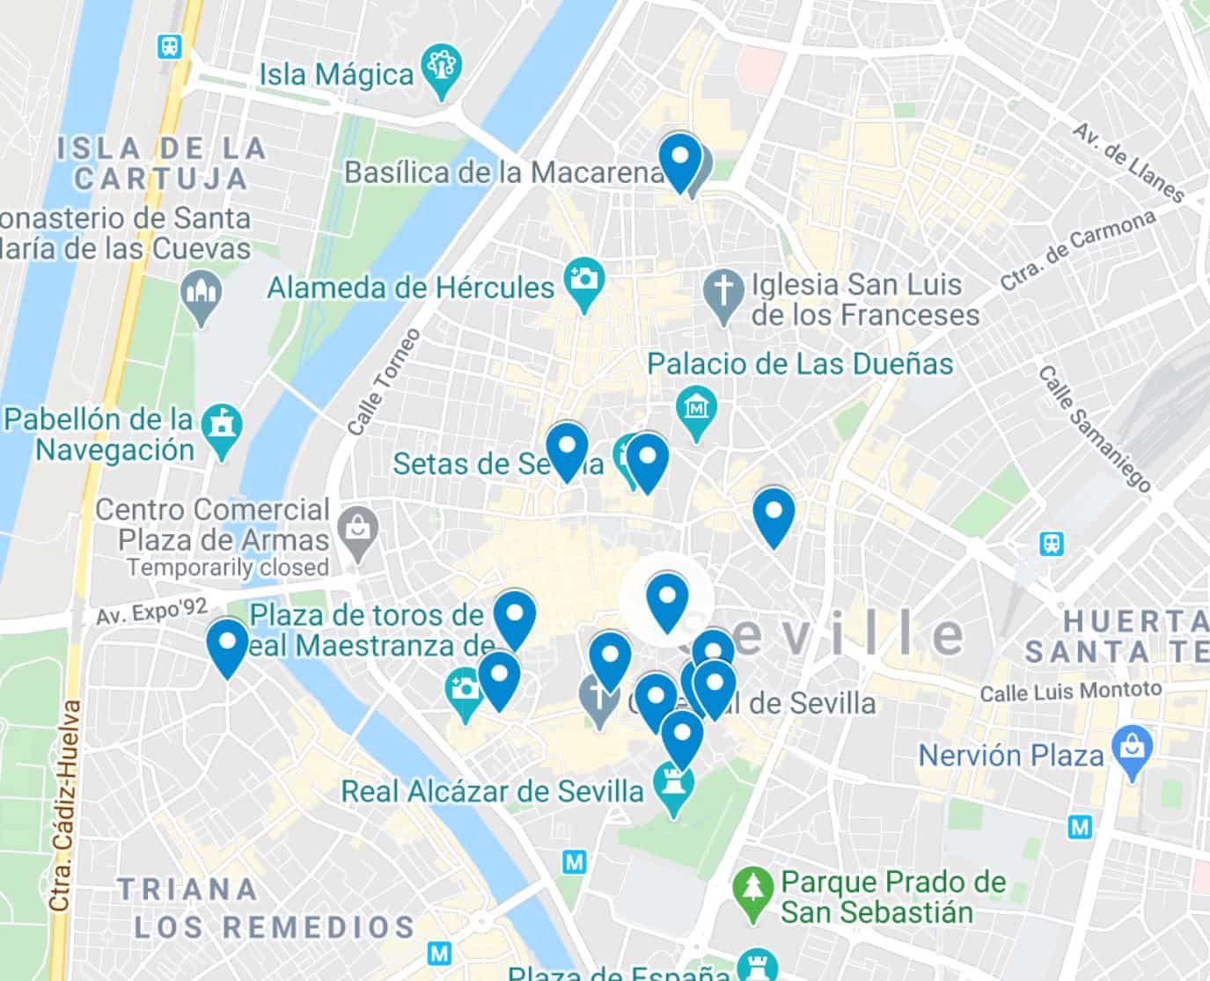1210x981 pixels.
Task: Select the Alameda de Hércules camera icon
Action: click(x=583, y=281)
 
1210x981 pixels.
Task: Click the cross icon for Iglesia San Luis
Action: click(x=724, y=291)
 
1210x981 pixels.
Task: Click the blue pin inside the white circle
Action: click(x=666, y=600)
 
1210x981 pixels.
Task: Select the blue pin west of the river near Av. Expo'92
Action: click(x=227, y=646)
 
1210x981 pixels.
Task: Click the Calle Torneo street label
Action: click(x=384, y=382)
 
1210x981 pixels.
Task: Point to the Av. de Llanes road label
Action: click(x=1129, y=162)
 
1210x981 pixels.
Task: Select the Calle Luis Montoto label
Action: click(x=1070, y=692)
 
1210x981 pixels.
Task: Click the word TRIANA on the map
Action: click(x=187, y=889)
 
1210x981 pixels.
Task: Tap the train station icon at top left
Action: click(x=168, y=47)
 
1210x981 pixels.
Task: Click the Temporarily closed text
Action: click(x=227, y=568)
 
